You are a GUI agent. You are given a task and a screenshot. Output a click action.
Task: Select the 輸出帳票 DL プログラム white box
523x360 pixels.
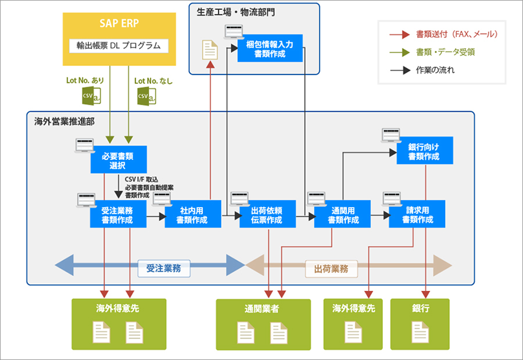pyautogui.click(x=119, y=45)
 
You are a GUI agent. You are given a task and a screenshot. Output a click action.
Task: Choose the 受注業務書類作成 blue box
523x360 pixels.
pyautogui.click(x=117, y=215)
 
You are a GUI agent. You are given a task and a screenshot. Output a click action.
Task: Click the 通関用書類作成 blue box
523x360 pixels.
pyautogui.click(x=343, y=215)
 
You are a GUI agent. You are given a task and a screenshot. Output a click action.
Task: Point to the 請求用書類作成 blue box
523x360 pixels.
pyautogui.click(x=417, y=215)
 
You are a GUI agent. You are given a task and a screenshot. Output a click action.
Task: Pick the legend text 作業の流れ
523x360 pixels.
pyautogui.click(x=435, y=70)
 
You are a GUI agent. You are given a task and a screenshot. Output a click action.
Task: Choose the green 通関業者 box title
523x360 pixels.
pyautogui.click(x=262, y=309)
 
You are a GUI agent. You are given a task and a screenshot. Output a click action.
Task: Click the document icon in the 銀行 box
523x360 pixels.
pyautogui.click(x=420, y=332)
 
